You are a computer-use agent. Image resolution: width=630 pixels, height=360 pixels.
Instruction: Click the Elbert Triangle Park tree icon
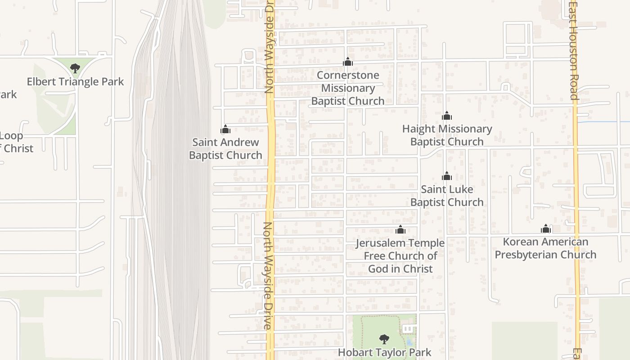[75, 68]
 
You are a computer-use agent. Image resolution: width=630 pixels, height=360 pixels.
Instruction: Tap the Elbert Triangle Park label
[75, 82]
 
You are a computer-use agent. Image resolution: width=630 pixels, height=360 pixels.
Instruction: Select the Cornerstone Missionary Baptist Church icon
[347, 62]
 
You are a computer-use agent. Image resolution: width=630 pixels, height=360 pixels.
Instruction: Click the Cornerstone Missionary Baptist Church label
[348, 88]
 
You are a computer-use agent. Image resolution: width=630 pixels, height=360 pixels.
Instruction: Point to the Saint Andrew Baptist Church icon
[225, 130]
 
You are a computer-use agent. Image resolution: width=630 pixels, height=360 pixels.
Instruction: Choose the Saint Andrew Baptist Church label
[225, 148]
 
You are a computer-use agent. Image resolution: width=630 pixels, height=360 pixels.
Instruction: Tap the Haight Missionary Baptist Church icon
[446, 116]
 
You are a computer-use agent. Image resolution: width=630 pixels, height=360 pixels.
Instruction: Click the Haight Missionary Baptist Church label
[447, 135]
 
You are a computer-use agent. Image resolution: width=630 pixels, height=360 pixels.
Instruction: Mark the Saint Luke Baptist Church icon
[446, 175]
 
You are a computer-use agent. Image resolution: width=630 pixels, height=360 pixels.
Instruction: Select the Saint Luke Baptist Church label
[447, 196]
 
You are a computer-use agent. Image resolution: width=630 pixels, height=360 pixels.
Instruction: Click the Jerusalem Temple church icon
[400, 230]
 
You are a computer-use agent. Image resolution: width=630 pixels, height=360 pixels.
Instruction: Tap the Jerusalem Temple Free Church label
[400, 256]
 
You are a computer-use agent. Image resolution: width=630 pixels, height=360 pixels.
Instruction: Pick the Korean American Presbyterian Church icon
[546, 229]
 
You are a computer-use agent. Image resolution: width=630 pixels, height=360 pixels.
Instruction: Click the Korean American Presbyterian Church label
[545, 248]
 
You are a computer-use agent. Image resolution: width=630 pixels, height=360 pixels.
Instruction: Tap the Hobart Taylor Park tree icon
[384, 339]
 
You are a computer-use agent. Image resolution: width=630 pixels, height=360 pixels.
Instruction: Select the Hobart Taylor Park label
[384, 352]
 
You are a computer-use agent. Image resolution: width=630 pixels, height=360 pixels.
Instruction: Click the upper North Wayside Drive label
[270, 47]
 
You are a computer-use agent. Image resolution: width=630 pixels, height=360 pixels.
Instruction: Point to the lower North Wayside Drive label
[268, 275]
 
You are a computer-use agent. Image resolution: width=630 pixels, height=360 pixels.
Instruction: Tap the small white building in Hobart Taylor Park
[408, 329]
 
